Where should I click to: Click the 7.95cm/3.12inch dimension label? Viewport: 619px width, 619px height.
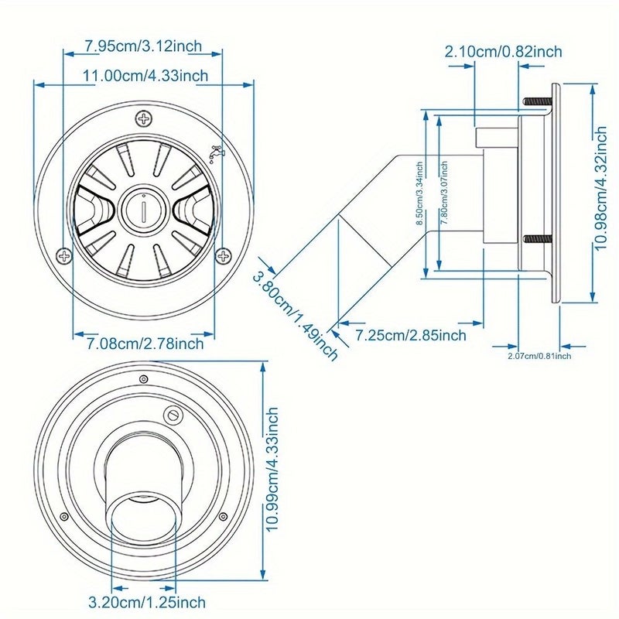tap(144, 46)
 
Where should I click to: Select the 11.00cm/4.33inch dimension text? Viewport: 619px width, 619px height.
tap(145, 75)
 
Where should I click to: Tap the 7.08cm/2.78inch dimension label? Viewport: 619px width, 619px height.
tap(145, 344)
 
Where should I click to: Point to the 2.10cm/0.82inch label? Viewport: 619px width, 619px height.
tap(504, 52)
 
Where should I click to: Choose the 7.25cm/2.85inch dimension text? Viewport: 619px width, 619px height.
tap(411, 336)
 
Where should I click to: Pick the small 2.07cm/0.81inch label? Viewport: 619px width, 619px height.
tap(539, 356)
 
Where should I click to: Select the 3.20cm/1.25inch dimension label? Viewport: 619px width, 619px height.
tap(147, 603)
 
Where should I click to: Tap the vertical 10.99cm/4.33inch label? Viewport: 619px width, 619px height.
tap(272, 470)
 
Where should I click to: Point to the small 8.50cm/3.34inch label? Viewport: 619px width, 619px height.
tap(419, 193)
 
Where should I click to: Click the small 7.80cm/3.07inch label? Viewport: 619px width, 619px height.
tap(444, 193)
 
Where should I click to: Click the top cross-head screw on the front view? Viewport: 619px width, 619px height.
tap(144, 118)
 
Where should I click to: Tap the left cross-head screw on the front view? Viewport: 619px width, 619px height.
tap(64, 256)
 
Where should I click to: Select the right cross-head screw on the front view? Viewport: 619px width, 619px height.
tap(224, 256)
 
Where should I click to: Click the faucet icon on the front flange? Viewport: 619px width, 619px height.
tap(216, 153)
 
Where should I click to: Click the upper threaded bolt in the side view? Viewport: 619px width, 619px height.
tap(538, 101)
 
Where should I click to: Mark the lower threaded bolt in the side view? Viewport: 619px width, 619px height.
tap(538, 239)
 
